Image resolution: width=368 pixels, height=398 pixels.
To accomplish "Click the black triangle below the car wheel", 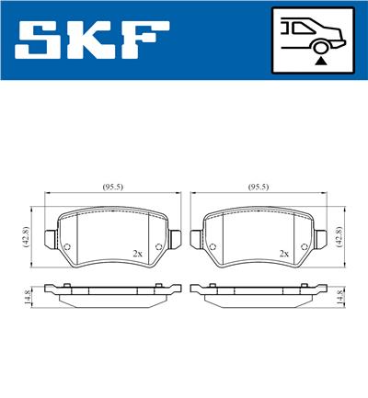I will pos(319,60).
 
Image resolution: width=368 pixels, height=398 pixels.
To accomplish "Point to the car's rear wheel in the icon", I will pos(319,43).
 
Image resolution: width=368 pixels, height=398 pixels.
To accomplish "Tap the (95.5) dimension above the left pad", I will pos(113,188).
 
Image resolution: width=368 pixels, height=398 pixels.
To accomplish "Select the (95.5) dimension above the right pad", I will pos(259,188).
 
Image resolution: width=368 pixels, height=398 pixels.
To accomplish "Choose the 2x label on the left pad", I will pos(137,253).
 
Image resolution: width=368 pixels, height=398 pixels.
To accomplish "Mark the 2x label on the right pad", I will pos(283,253).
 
